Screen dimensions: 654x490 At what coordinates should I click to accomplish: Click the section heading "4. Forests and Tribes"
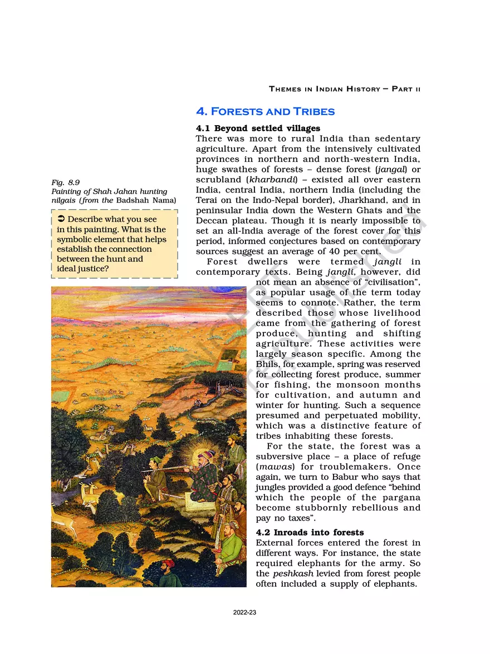point(265,111)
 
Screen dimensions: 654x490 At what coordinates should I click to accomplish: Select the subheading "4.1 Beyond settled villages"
point(258,128)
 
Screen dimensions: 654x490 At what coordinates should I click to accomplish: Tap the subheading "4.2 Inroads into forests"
point(310,532)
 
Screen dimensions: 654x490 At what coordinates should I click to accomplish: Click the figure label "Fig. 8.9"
point(65,182)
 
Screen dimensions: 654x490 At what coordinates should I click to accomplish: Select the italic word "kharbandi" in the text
point(252,180)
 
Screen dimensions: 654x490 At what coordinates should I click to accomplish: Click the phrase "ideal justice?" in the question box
point(83,269)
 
